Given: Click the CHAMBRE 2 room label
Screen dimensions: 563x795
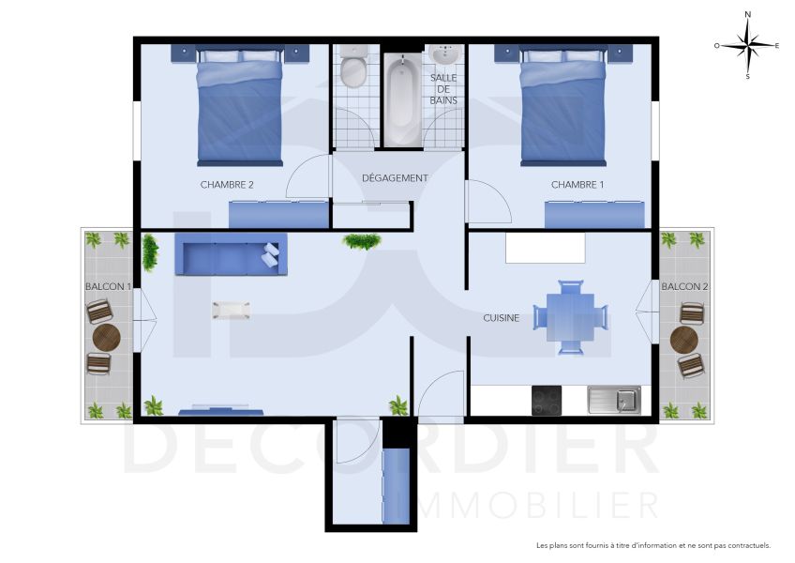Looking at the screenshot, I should click(x=227, y=185).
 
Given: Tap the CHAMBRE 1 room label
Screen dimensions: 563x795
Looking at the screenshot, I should click(x=577, y=185).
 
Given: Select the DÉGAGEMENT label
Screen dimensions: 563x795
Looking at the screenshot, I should click(x=395, y=177).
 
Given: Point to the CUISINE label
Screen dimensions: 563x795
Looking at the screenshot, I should click(x=502, y=318).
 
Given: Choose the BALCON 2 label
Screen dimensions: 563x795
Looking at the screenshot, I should click(x=684, y=286).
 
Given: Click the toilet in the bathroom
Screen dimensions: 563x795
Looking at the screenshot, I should click(x=353, y=69).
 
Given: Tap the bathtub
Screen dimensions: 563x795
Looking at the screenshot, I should click(x=401, y=99).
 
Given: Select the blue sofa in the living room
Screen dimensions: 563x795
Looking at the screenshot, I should click(x=230, y=254).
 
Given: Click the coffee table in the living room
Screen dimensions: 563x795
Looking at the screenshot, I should click(x=231, y=310).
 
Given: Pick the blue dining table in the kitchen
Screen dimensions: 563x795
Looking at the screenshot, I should click(x=570, y=317).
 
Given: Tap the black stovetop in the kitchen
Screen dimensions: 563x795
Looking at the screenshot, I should click(x=547, y=401).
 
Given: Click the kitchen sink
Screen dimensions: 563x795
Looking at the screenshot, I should click(x=614, y=401).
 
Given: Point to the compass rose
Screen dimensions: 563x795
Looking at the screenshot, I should click(x=747, y=44).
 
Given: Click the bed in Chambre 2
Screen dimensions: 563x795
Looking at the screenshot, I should click(x=239, y=108).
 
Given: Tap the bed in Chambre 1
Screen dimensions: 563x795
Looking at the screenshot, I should click(x=563, y=108).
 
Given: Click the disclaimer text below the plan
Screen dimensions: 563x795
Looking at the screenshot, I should click(x=652, y=545).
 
